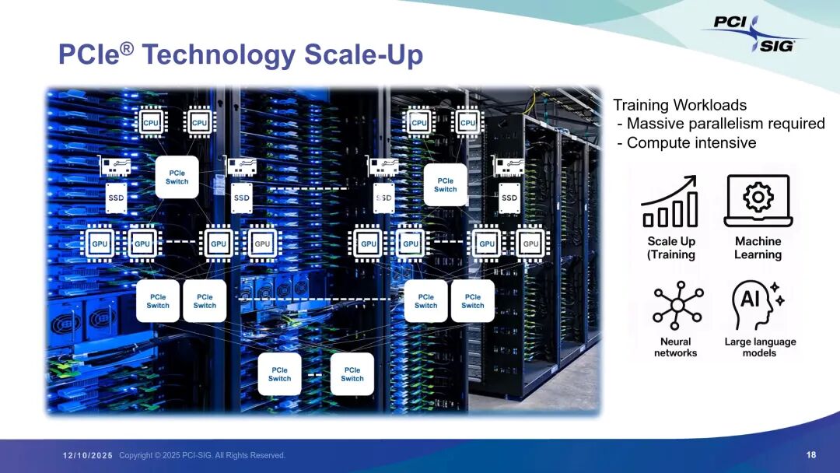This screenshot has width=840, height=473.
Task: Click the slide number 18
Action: coord(811,455)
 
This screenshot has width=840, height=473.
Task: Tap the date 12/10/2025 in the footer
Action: coord(88,455)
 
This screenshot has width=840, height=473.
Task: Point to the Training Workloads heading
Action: coord(680,105)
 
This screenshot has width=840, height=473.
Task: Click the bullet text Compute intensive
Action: coord(691,142)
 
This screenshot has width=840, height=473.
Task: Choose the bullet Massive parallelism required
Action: coord(725,124)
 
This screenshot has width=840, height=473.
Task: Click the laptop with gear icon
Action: coord(758,200)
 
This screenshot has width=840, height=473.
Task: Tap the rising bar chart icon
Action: coord(670,201)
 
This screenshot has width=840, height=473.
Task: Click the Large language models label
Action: coord(760,347)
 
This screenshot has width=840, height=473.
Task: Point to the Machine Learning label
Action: coord(758,247)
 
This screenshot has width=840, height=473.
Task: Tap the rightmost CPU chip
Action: coord(467,122)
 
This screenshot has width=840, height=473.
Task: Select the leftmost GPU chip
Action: coord(100,244)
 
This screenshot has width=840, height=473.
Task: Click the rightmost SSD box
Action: coord(509,198)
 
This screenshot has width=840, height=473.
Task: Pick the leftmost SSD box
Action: coord(116,198)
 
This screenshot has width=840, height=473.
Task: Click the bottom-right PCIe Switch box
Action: coord(352,374)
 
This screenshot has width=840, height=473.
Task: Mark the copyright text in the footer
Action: coord(202,455)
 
